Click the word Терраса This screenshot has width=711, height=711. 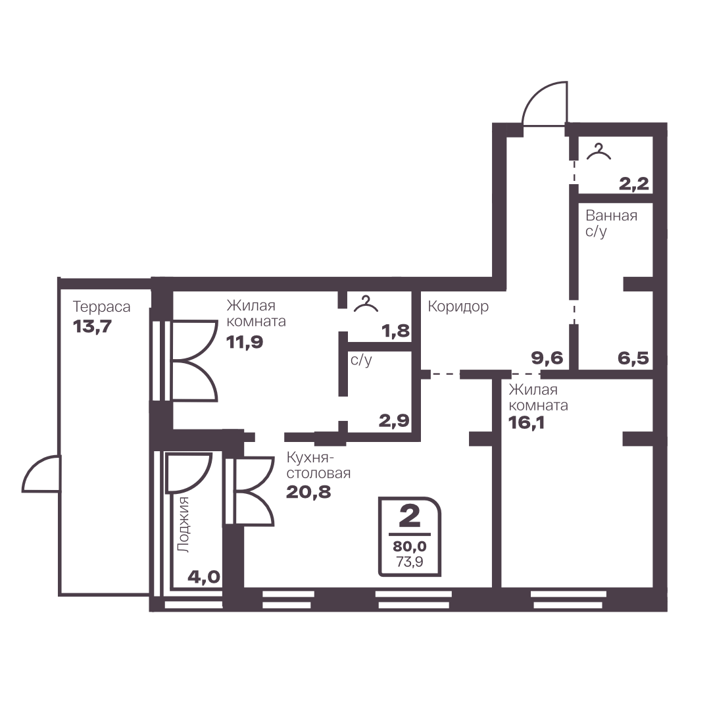[x=101, y=307]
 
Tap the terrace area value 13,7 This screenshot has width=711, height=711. [x=92, y=326]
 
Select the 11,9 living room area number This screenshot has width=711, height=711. [x=245, y=342]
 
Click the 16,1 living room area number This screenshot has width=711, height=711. [x=526, y=423]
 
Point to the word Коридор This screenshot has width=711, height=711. [x=458, y=306]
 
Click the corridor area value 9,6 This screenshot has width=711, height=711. [x=547, y=358]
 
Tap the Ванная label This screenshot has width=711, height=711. [x=611, y=215]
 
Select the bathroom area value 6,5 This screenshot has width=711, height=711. [x=633, y=358]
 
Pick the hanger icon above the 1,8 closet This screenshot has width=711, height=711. [x=366, y=304]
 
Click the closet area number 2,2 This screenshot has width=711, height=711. [x=634, y=184]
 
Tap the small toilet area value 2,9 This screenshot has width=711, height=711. [x=394, y=421]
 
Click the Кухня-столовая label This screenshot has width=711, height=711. [x=318, y=465]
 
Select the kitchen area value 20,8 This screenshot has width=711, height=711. [x=308, y=491]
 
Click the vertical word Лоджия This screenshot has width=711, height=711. [x=184, y=525]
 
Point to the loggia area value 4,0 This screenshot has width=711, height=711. [x=204, y=577]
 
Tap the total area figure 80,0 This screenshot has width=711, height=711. [x=410, y=547]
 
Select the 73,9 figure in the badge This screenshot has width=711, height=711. [x=410, y=562]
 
